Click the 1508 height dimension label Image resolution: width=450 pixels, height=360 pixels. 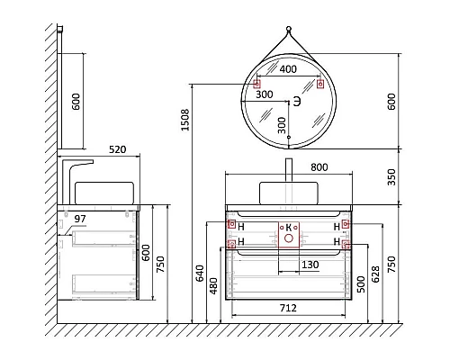[185, 120]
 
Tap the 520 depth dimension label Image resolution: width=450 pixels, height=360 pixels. [117, 149]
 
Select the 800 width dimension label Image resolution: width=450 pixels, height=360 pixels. [319, 167]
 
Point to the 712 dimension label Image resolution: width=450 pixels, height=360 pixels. [288, 308]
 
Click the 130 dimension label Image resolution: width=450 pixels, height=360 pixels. [310, 265]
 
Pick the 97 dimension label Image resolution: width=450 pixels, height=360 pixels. [80, 219]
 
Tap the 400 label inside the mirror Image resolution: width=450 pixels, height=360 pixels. [288, 69]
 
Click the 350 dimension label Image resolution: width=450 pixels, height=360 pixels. [391, 177]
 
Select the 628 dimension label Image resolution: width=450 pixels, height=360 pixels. [375, 274]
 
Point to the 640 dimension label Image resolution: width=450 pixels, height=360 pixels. [200, 274]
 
